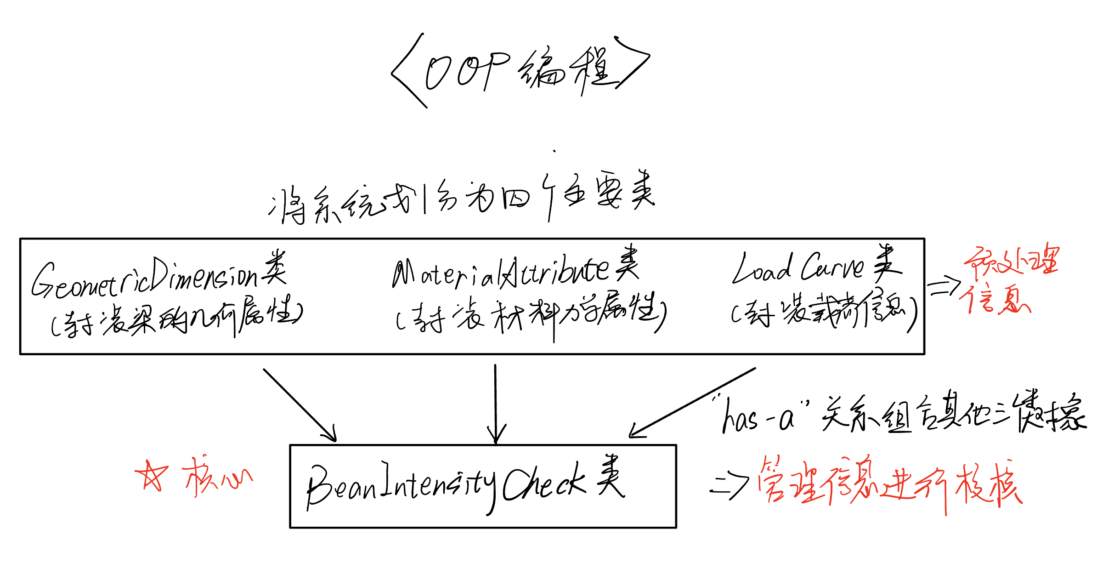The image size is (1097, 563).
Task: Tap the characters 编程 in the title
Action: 567,71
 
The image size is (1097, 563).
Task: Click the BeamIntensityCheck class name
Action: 446,485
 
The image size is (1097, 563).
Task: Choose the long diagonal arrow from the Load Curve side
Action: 691,402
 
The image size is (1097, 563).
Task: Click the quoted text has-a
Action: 760,416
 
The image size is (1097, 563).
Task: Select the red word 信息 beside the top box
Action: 995,299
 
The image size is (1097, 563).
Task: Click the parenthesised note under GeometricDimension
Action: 177,317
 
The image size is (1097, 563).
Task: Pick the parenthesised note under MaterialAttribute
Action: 531,315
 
